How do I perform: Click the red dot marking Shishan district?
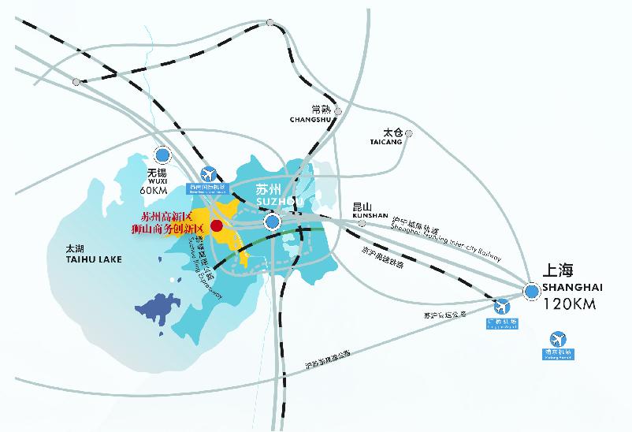point(217,225)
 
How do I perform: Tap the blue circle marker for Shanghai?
point(532,292)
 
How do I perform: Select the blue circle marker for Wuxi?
point(163,155)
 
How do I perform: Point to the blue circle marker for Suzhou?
point(272,222)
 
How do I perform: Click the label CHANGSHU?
point(313,120)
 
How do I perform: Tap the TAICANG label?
point(386,142)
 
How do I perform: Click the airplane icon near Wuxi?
point(209,173)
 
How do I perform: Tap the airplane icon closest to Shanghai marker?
point(502,307)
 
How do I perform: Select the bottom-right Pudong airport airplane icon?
point(558,338)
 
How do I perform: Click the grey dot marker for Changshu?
point(338,111)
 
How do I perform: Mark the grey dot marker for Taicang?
point(410,134)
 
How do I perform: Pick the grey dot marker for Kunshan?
point(362,223)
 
